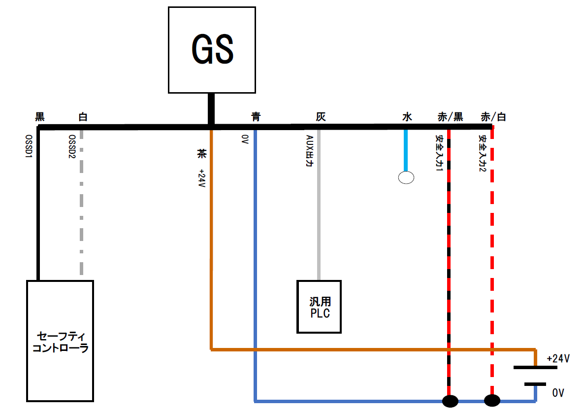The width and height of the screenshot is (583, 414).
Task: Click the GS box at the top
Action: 212,50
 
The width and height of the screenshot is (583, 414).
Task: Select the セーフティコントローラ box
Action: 60,341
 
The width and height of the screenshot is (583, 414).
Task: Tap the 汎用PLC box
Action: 319,306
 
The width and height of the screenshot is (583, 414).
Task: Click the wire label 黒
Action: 40,117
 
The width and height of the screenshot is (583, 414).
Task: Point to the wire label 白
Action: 83,117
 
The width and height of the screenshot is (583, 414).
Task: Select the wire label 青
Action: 256,117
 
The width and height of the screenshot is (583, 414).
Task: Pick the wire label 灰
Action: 321,117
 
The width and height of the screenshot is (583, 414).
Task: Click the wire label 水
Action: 407,117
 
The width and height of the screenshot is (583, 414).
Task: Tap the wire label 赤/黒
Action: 450,117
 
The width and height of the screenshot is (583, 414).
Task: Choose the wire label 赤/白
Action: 493,117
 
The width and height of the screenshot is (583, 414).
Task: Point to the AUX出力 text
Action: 309,152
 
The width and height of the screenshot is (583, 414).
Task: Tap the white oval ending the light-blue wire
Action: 406,177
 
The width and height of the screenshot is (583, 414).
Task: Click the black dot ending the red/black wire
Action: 450,401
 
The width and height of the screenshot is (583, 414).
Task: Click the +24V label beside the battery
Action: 558,358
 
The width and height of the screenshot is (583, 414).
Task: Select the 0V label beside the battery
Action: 557,393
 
